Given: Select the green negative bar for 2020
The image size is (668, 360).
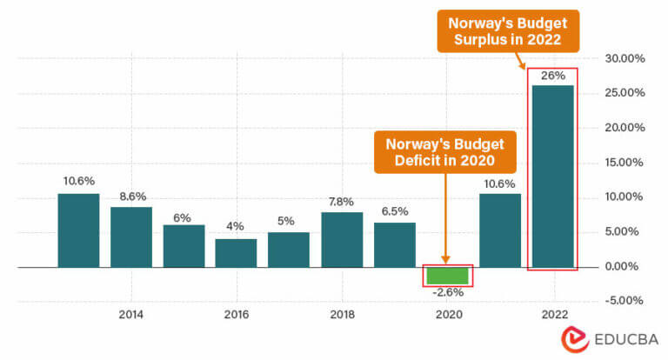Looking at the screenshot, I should [x=446, y=276].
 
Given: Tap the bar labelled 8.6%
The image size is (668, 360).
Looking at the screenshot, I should [x=131, y=237].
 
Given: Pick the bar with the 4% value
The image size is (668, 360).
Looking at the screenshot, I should [x=236, y=252].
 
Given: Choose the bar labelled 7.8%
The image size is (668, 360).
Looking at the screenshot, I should [x=342, y=239].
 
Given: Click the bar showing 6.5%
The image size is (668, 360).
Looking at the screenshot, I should [x=394, y=244].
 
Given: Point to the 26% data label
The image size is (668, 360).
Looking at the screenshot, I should [x=553, y=76].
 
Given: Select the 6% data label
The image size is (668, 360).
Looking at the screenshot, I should [x=184, y=216].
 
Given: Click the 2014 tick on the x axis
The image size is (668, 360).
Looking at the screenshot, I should [x=131, y=314].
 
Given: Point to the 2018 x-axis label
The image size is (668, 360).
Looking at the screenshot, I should [x=342, y=314].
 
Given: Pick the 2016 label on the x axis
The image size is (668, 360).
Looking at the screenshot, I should [x=236, y=314].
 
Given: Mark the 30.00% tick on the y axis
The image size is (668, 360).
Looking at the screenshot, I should [x=625, y=59].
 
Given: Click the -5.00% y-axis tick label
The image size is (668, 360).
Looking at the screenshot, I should [x=625, y=301].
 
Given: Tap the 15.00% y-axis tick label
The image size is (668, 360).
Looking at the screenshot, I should [x=625, y=163].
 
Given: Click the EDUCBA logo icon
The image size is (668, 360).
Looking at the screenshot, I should [x=574, y=339].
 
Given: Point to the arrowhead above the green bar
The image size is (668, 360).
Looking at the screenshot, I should [x=445, y=258].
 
